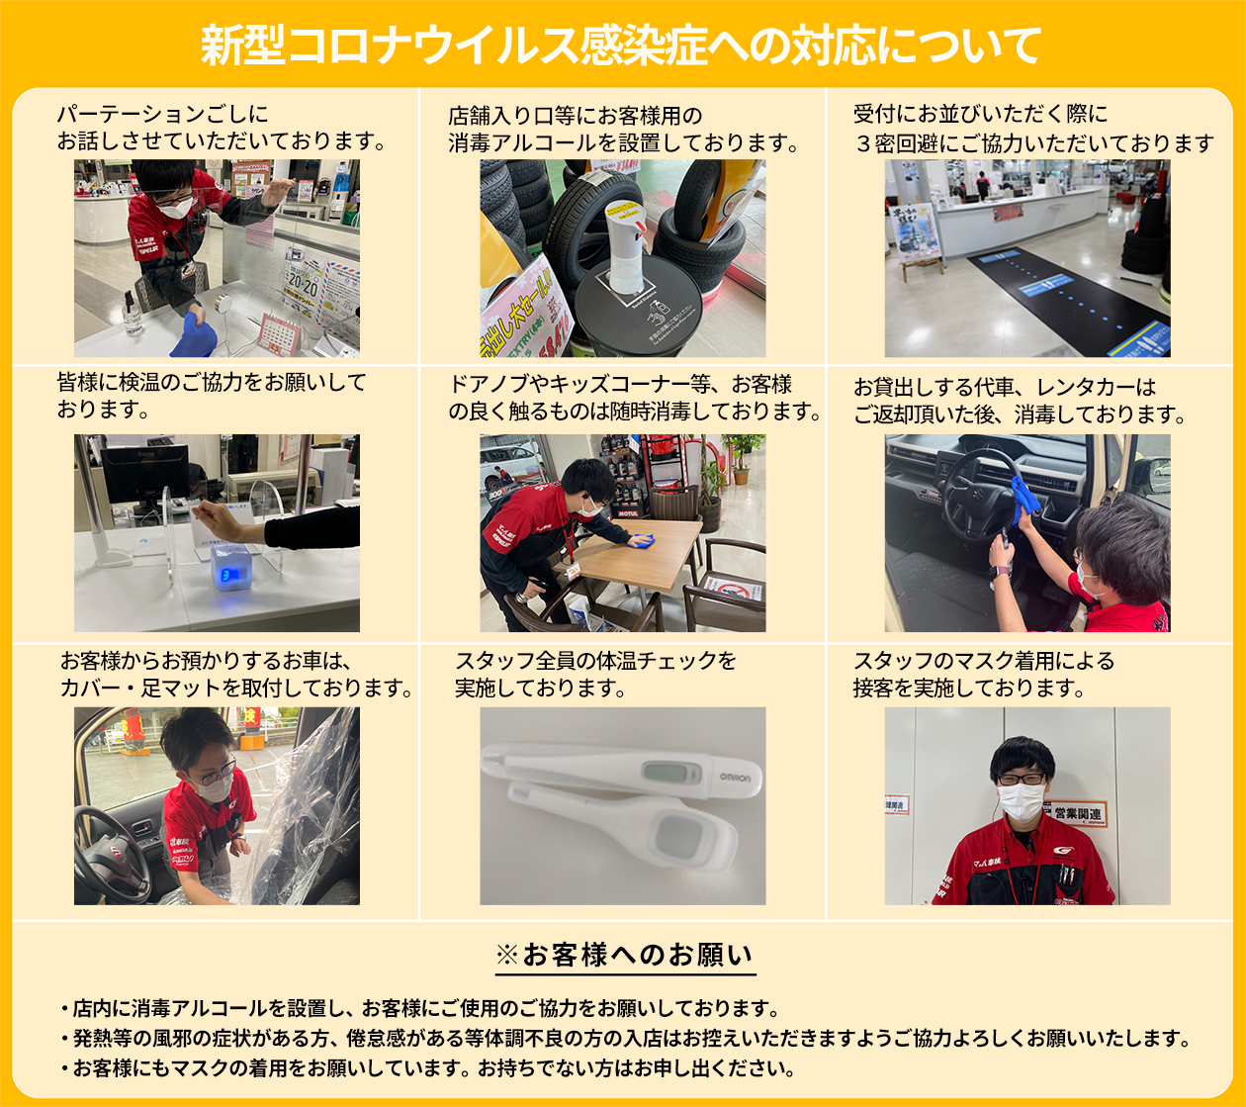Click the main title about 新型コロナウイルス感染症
621,46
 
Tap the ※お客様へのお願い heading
625,956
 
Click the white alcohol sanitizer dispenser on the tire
625,246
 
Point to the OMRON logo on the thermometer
735,778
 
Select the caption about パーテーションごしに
222,128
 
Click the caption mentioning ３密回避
1033,129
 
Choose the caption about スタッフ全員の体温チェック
595,675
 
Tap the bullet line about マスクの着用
428,1068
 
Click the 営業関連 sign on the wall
1077,813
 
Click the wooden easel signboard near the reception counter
916,240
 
